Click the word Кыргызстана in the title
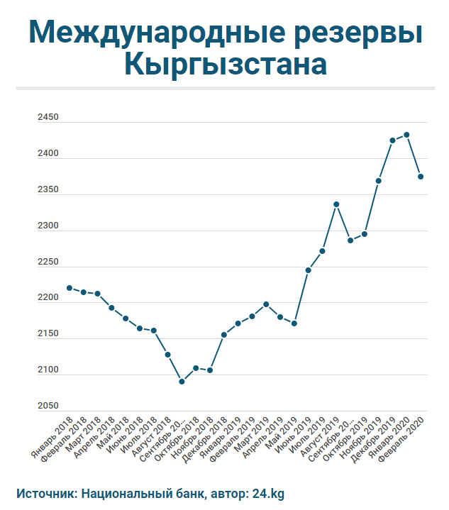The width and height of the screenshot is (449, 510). click(x=225, y=65)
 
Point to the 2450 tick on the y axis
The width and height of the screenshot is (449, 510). click(x=48, y=118)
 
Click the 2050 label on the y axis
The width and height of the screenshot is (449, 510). click(x=48, y=406)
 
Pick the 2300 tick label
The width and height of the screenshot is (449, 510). click(x=48, y=226)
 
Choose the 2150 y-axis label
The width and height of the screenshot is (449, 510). click(x=48, y=334)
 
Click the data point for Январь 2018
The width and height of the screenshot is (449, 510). click(x=69, y=288)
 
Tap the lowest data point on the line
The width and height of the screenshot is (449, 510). click(x=182, y=382)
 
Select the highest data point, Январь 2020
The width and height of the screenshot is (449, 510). click(x=406, y=135)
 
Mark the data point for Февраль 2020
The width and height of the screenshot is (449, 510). click(x=421, y=177)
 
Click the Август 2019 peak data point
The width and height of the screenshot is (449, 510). click(x=336, y=204)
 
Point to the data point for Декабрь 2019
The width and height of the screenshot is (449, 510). click(x=392, y=140)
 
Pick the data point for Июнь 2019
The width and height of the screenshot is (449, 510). click(x=308, y=270)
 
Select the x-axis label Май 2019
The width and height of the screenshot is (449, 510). click(x=281, y=433)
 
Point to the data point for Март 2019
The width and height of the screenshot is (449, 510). click(x=266, y=304)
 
